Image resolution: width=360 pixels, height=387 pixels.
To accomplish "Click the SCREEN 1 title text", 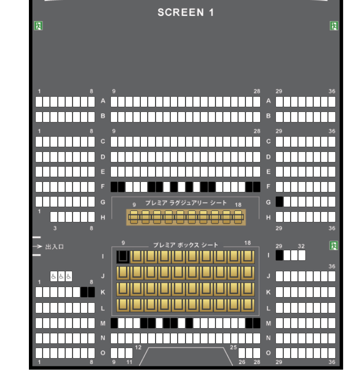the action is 186,12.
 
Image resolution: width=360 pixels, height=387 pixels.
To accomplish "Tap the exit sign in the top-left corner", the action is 38,26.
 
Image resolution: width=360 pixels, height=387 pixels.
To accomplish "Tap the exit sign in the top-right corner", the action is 334,26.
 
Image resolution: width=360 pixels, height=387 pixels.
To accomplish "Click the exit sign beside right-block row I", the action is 334,246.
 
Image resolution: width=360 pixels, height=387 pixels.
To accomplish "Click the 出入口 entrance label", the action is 55,247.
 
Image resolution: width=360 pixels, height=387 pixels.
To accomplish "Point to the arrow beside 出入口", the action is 37,246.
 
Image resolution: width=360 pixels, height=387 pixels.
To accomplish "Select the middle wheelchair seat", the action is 61,277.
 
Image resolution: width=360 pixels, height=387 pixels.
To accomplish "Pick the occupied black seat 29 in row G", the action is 279,201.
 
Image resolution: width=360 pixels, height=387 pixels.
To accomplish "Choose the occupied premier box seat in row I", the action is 123,257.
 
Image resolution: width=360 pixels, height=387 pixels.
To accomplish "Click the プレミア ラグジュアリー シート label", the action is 186,203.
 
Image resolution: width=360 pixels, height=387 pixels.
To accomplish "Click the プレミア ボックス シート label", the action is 186,245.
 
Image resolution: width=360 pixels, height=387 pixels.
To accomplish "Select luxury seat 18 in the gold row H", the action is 238,217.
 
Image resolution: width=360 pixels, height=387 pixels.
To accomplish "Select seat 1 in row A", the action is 39,101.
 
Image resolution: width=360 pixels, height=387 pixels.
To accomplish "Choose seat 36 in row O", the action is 332,353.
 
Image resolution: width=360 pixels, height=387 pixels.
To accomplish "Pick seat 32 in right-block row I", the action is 302,255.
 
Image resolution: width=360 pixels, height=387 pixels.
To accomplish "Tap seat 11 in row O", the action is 129,353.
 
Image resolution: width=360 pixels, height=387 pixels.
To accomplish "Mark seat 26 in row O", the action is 242,353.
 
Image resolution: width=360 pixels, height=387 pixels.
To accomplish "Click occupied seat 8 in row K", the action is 91,292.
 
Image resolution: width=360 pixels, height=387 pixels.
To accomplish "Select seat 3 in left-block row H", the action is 54,217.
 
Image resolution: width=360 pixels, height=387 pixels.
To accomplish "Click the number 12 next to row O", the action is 138,348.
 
